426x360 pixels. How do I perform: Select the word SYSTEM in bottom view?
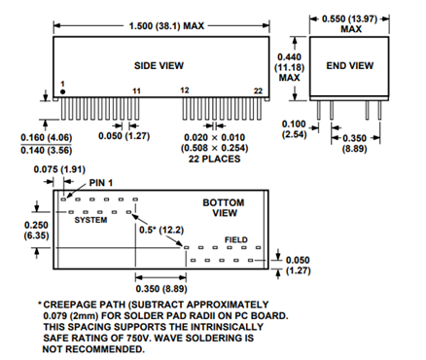coord(90,221)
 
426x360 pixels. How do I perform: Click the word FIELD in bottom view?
coord(237,238)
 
